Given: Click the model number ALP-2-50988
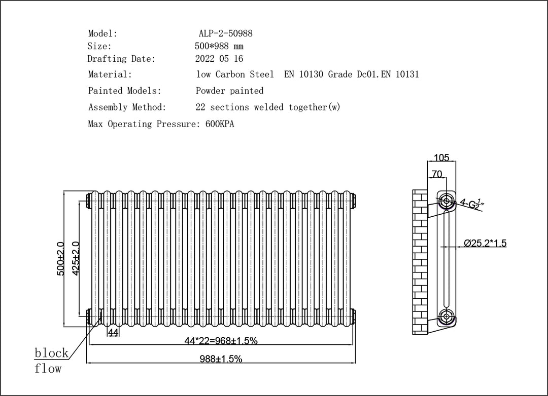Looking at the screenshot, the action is coord(225,33).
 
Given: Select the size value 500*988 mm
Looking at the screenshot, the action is coord(219,46).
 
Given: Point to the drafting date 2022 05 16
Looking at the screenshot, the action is coord(219,59).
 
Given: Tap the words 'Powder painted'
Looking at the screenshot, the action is coord(230,91).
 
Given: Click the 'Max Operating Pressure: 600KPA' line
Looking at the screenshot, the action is coord(161,124).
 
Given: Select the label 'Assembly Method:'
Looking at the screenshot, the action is coord(127,107).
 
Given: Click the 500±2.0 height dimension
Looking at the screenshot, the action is coord(60,259).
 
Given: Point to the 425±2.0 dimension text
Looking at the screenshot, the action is coord(76,259).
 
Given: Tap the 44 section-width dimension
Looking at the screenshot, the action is coord(113,333).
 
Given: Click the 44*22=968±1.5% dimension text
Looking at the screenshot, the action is coord(221,340).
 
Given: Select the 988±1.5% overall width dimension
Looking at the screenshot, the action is coord(221,359).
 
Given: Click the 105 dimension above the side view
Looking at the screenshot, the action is coord(441,157).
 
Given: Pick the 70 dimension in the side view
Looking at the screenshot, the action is coord(437,174).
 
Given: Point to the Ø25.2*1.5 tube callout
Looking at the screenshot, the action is coord(485,243).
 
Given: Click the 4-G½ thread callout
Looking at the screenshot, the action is coord(471,204).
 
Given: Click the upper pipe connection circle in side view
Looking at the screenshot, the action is coord(447,201).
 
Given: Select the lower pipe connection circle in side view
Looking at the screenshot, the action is coord(447,317).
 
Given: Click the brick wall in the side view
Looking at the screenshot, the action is coord(420,262).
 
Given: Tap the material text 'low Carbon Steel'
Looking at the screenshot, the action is coord(235,74).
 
